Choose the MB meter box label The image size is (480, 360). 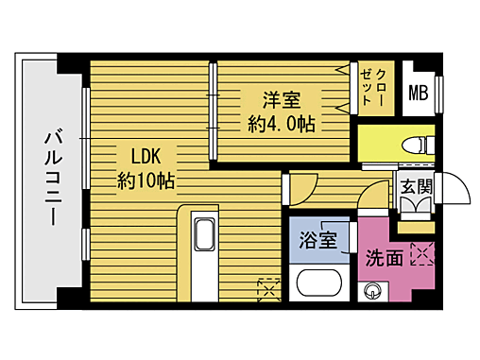(417, 93)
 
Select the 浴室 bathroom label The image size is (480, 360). (318, 239)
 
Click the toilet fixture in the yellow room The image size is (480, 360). (413, 144)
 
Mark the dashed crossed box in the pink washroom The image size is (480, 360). (422, 253)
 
